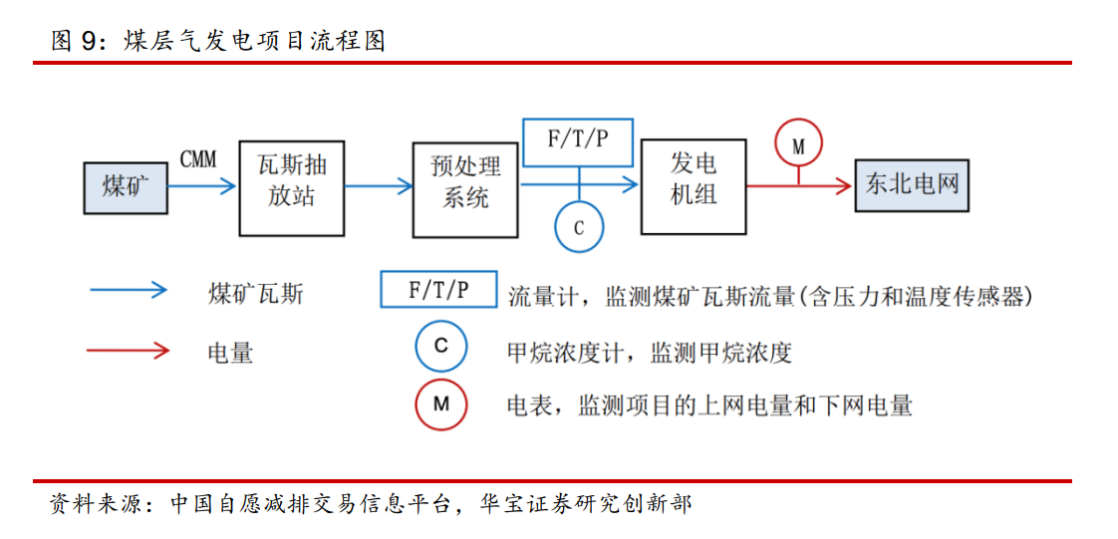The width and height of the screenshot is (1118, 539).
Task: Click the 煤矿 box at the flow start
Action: pos(126,186)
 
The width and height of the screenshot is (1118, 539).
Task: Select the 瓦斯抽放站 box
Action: pos(291,186)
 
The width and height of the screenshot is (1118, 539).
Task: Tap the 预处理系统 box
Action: pos(465,186)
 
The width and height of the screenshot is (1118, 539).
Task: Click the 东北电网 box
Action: pos(911,185)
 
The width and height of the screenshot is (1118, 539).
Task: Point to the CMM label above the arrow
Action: pos(197,159)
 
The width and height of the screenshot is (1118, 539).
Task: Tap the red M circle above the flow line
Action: pos(797,145)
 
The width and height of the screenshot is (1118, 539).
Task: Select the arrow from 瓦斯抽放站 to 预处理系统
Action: pos(378,185)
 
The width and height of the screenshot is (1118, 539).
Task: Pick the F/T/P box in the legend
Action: pos(439,290)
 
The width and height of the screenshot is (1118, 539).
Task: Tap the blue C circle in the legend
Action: pos(441,347)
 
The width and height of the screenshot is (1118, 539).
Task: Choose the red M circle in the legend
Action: pos(441,404)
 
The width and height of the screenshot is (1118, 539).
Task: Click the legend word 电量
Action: pos(231,353)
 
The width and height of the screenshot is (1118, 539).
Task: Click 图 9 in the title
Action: pos(78,41)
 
